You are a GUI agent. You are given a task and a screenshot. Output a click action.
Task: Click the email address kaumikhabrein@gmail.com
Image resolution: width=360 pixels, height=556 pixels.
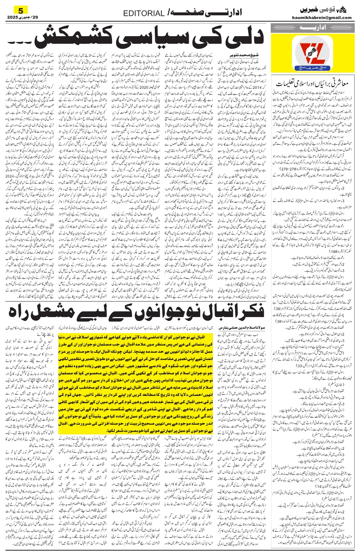click(327, 18)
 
